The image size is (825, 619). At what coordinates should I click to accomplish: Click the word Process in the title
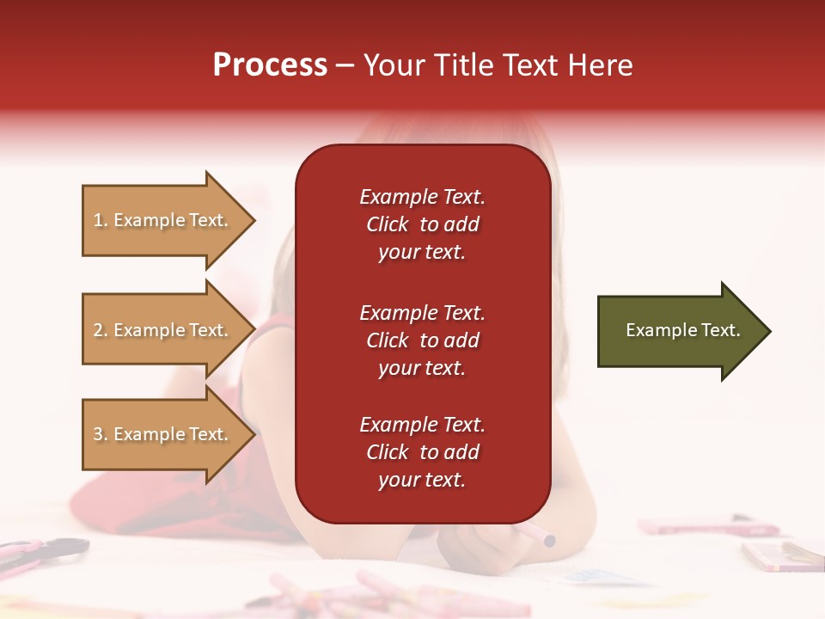tap(270, 65)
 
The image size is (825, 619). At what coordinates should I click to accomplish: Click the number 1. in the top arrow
tap(101, 220)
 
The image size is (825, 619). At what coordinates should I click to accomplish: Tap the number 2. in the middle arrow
tap(101, 330)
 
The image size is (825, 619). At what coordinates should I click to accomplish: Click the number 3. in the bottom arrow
tap(101, 434)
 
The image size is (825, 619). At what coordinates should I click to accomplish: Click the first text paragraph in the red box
tap(422, 224)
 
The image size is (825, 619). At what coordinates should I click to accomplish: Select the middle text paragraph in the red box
tap(422, 340)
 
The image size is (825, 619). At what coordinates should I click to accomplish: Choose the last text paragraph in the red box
tap(422, 452)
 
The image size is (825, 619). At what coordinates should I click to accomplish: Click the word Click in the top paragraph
tap(388, 224)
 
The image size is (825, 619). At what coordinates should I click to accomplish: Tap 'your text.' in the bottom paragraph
tap(422, 480)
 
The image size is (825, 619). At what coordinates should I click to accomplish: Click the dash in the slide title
tap(345, 65)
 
